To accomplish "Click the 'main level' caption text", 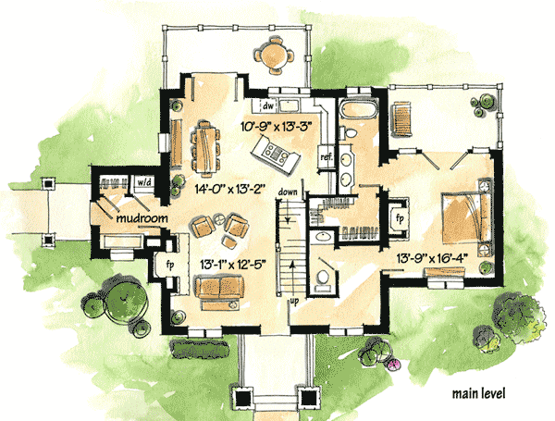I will (478, 394).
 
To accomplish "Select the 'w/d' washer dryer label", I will (144, 182).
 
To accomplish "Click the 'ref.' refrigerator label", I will (326, 157).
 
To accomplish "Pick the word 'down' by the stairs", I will (288, 192).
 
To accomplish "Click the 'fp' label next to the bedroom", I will (401, 218).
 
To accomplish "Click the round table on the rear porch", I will (275, 56).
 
